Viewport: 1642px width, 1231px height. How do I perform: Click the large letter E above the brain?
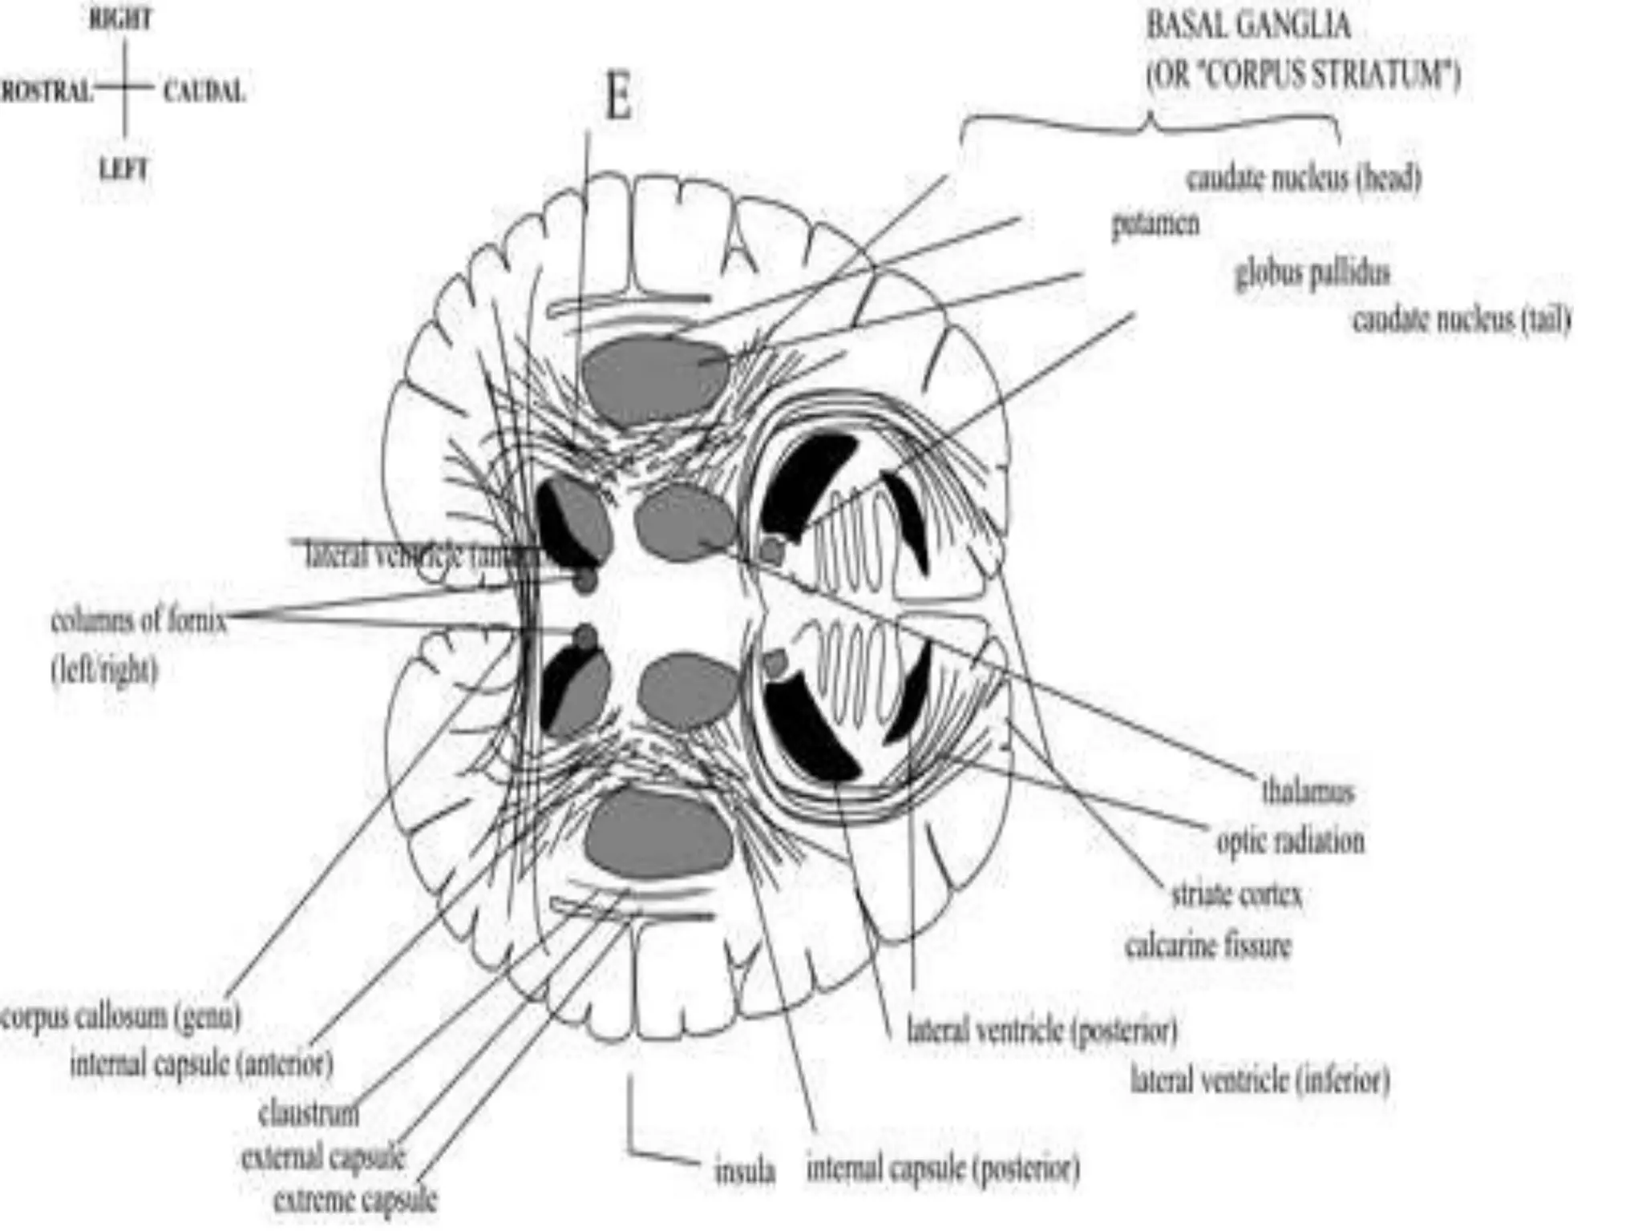(x=617, y=99)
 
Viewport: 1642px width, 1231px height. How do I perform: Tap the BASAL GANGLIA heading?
(x=1248, y=26)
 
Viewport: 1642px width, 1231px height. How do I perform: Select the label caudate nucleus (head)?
(x=1304, y=178)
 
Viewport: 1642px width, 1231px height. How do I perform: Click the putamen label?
(x=1155, y=224)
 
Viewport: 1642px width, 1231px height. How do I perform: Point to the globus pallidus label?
(x=1312, y=274)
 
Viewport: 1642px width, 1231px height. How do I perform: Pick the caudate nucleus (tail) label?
(x=1461, y=321)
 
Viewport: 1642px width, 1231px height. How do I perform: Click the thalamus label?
(x=1308, y=792)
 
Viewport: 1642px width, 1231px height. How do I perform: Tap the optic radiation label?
(x=1290, y=842)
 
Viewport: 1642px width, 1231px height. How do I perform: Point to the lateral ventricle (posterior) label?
(x=1041, y=1031)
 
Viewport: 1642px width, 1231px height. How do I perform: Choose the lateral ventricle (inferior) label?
(x=1260, y=1080)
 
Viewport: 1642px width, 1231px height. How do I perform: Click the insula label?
(x=745, y=1172)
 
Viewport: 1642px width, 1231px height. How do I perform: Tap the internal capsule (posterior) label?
(x=943, y=1170)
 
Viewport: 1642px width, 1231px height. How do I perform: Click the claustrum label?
(x=309, y=1114)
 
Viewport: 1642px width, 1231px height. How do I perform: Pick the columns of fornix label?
(x=138, y=621)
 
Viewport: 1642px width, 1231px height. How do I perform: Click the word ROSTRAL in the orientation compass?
(x=46, y=91)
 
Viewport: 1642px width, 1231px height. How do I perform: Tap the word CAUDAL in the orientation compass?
(x=204, y=91)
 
